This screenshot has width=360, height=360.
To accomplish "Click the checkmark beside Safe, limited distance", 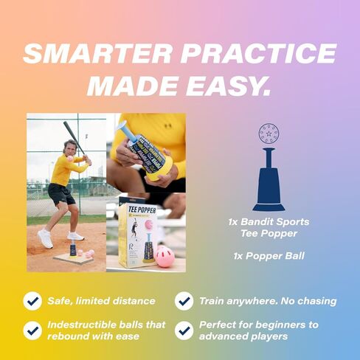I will [32, 301].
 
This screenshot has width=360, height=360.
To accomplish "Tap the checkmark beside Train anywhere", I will [184, 301].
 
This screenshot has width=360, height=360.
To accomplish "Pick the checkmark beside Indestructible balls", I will [32, 330].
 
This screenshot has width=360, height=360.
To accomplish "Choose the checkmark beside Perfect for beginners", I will [184, 330].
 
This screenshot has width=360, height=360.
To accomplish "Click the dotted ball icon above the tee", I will [269, 134].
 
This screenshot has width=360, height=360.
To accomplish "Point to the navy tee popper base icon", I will [269, 189].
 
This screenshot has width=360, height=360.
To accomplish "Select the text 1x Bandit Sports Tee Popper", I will [269, 226].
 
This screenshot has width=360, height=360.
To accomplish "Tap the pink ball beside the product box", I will [165, 256].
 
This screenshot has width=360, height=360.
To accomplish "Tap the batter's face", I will [70, 145].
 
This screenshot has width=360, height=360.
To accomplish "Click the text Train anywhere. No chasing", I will [268, 301].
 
